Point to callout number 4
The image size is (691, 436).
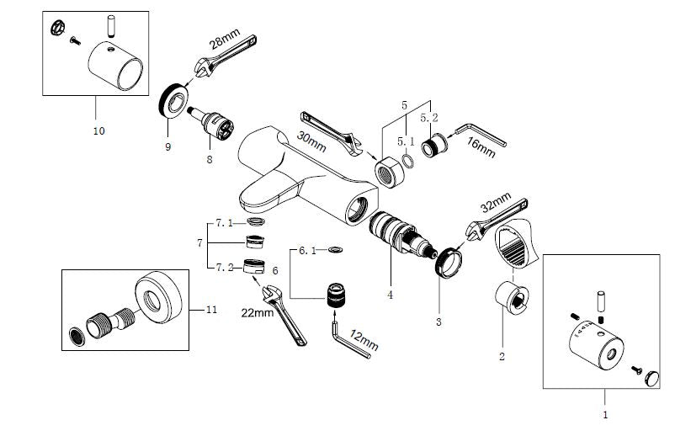coord(390,295)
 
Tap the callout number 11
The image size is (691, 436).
coord(211,310)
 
